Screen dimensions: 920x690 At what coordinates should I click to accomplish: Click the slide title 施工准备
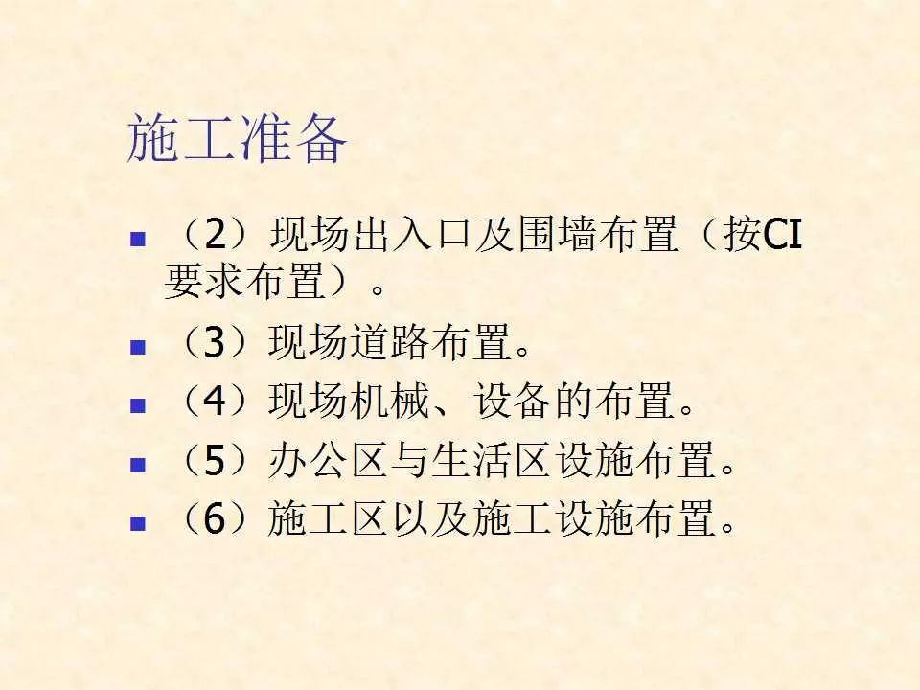tap(237, 139)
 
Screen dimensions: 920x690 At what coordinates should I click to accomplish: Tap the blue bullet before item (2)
tap(138, 240)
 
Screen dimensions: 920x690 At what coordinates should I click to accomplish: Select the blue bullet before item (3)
tap(138, 347)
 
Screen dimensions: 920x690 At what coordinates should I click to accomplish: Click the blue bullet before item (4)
tap(138, 406)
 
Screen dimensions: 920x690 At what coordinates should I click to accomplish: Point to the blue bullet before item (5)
tap(138, 465)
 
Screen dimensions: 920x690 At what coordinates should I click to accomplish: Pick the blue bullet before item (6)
tap(138, 523)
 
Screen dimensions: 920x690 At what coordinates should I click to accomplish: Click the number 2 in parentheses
tap(215, 235)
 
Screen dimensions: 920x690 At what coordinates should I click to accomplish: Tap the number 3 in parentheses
tap(215, 343)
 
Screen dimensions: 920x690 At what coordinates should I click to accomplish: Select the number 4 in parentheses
tap(215, 402)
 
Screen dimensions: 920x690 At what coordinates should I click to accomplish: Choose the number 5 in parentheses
tap(215, 460)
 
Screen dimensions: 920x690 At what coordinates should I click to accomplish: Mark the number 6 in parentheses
tap(215, 518)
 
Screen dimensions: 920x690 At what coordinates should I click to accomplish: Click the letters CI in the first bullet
tap(783, 235)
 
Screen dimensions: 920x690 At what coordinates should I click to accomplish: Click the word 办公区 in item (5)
tap(328, 460)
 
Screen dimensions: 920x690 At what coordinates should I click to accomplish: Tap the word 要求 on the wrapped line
tap(204, 281)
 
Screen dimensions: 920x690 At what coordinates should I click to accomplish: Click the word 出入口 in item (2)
tap(414, 235)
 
